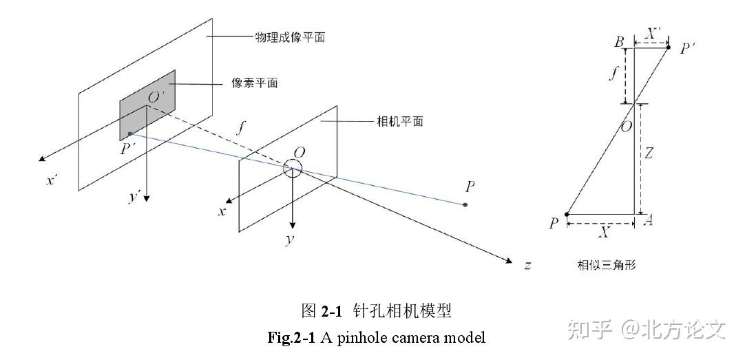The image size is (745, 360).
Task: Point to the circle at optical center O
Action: [293, 168]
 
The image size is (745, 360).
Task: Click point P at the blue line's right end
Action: [465, 204]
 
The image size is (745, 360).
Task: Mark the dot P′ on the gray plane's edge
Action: [130, 134]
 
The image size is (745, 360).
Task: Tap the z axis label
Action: [527, 264]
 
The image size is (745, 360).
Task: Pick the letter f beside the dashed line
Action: [240, 127]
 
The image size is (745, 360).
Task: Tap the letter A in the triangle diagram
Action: [647, 220]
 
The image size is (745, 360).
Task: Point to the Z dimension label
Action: [649, 155]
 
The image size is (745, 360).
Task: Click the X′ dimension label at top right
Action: [655, 33]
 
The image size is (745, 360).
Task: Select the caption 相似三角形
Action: [607, 264]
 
